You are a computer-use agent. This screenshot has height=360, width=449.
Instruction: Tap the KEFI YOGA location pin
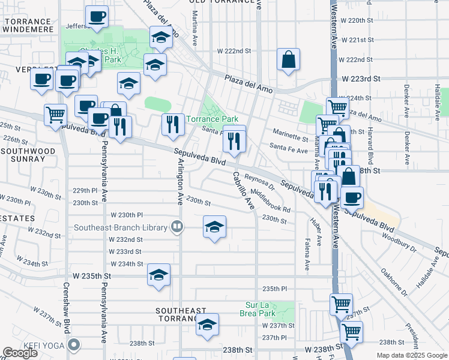tap(74, 344)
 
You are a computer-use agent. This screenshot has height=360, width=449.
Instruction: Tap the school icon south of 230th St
tap(214, 227)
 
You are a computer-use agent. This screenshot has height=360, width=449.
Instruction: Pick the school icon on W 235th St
tap(158, 275)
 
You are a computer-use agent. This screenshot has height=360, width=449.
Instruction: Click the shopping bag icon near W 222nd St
tap(288, 59)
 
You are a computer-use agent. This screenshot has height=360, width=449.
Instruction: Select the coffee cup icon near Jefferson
tap(97, 17)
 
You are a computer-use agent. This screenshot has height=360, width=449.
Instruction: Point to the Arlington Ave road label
tap(178, 182)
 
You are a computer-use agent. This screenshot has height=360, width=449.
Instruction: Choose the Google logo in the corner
tap(20, 353)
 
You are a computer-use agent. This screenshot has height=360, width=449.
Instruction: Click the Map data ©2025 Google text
tap(412, 355)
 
